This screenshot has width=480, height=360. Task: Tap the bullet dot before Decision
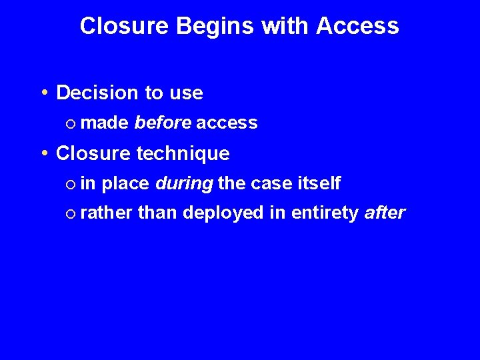44,93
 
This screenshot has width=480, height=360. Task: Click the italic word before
162,123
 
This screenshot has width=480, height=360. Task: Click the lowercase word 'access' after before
227,123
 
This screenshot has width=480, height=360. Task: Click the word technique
183,154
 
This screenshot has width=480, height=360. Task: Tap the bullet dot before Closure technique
44,153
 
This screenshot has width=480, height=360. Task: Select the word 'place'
126,183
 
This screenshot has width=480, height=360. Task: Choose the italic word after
385,213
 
